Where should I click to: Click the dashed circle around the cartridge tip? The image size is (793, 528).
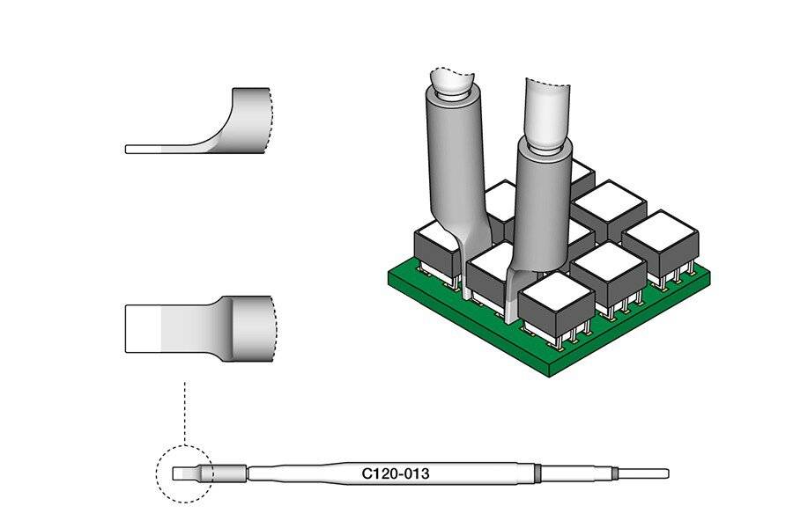pyautogui.click(x=157, y=474)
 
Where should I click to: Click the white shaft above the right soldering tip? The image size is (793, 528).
pyautogui.click(x=549, y=110)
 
